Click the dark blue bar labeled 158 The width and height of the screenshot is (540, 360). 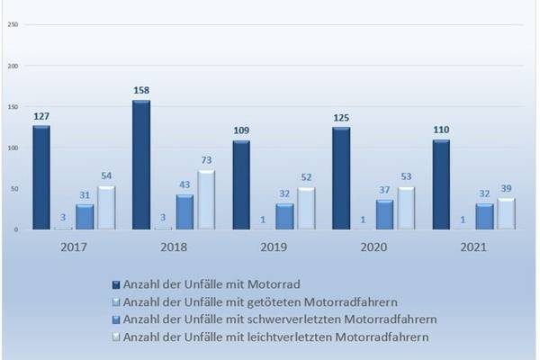pos(140,166)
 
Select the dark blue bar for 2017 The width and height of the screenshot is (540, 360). pos(41,177)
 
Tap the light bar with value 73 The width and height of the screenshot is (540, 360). pos(206,200)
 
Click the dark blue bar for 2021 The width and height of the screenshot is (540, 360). pos(440,184)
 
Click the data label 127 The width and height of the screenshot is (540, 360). pos(41,116)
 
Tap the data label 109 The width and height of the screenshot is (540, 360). pos(241,131)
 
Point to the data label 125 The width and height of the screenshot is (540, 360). pos(341,118)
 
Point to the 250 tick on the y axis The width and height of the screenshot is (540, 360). pos(13,24)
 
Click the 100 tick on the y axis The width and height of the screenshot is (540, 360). pos(13,148)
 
